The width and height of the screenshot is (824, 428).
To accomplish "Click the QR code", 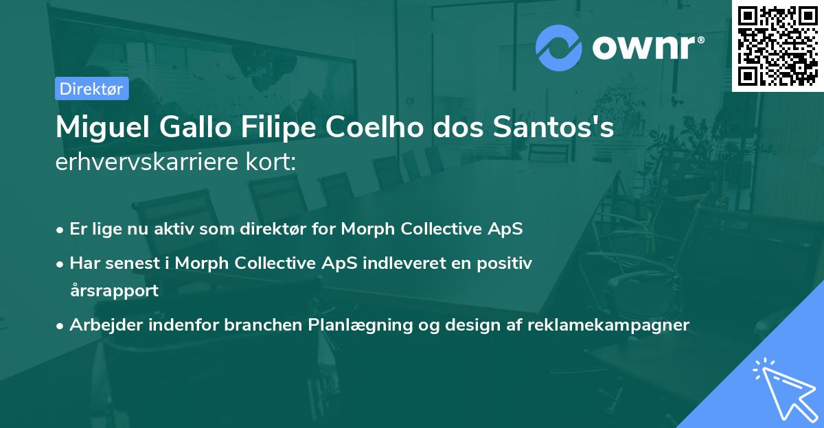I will (777, 45).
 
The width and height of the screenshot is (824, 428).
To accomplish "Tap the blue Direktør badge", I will (91, 88).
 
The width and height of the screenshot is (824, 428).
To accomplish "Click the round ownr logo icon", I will (559, 47).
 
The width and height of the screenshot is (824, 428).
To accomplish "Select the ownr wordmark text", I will (646, 47).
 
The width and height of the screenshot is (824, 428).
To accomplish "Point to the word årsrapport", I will (114, 290).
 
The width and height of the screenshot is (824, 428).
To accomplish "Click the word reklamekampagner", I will (608, 325).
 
